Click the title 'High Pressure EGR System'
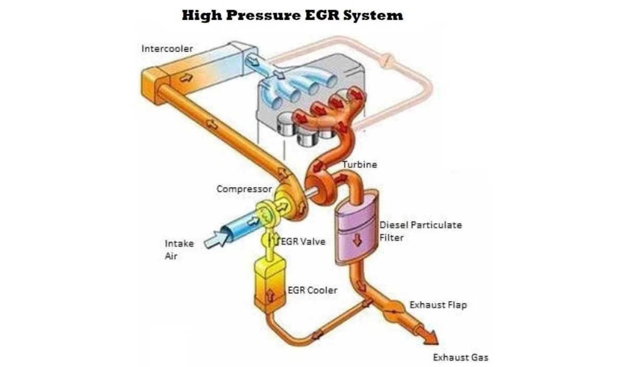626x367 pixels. click(292, 15)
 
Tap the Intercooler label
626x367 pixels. click(167, 48)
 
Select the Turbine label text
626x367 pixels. click(359, 165)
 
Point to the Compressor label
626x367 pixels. click(244, 189)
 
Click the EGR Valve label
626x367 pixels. click(304, 241)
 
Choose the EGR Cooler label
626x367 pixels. click(312, 290)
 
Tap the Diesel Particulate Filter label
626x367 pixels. click(420, 231)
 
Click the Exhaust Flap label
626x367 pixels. click(438, 304)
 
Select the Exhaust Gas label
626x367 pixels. click(461, 358)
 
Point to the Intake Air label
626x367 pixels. click(179, 249)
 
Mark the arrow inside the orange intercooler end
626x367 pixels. click(186, 78)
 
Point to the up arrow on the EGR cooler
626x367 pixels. click(270, 295)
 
